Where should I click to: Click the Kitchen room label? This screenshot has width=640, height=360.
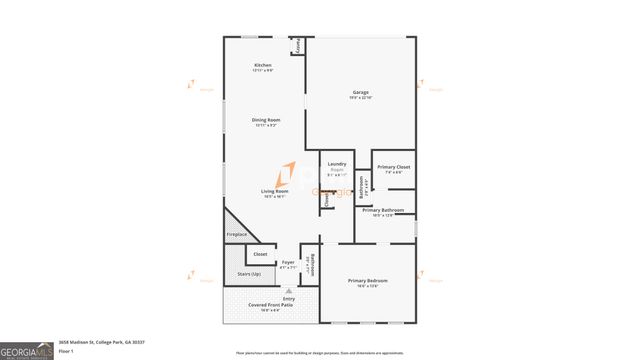coord(263,66)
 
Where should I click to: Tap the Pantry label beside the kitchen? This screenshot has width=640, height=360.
coord(297,46)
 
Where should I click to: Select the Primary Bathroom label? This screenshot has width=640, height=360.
coord(383,210)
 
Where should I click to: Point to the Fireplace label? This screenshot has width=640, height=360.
coord(236,234)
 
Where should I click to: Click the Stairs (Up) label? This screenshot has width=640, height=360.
coord(249,273)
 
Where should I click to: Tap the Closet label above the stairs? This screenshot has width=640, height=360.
coord(260,254)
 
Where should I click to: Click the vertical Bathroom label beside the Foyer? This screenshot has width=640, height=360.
coord(312,264)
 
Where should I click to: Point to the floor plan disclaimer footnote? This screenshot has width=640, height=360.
coord(320,353)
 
